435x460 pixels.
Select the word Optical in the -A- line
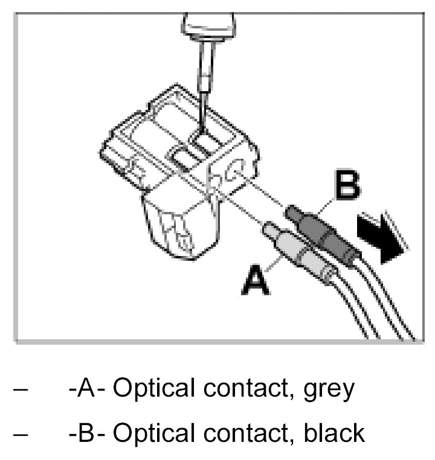[x=151, y=390]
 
